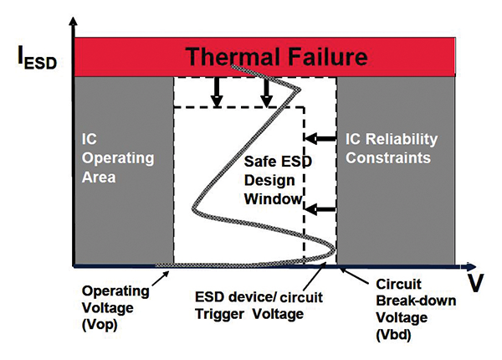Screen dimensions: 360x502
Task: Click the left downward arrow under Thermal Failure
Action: pyautogui.click(x=217, y=91)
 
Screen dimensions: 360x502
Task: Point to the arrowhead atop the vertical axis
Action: pyautogui.click(x=74, y=24)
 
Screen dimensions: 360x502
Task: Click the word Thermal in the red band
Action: pyautogui.click(x=223, y=57)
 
